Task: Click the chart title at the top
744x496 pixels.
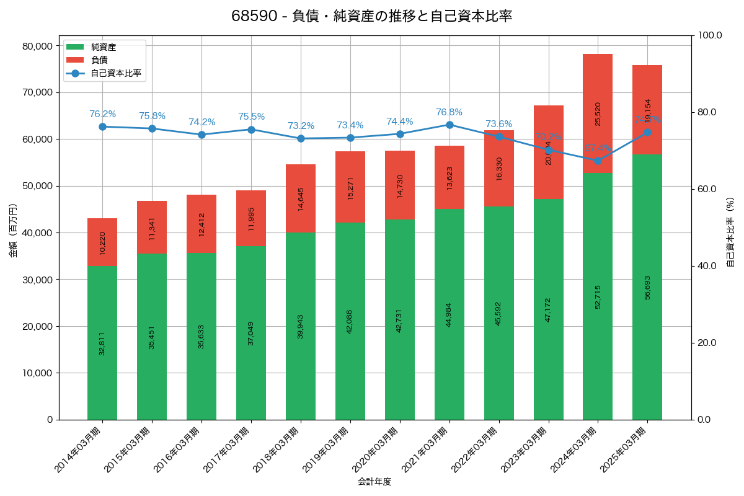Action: (x=371, y=16)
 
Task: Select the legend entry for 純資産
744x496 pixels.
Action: (x=103, y=47)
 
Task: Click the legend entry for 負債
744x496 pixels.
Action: (x=99, y=60)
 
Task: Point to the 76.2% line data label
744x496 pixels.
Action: (x=102, y=114)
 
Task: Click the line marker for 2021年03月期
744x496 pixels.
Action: (x=449, y=125)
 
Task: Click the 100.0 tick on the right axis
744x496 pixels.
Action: (x=710, y=35)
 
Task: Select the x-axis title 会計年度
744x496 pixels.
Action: (x=374, y=482)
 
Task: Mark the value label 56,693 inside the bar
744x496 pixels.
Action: (x=647, y=287)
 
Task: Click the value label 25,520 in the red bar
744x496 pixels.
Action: (x=598, y=114)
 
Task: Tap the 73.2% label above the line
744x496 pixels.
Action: (x=301, y=126)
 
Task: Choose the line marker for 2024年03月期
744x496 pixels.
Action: (x=598, y=161)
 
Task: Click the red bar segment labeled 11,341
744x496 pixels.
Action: (x=152, y=228)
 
